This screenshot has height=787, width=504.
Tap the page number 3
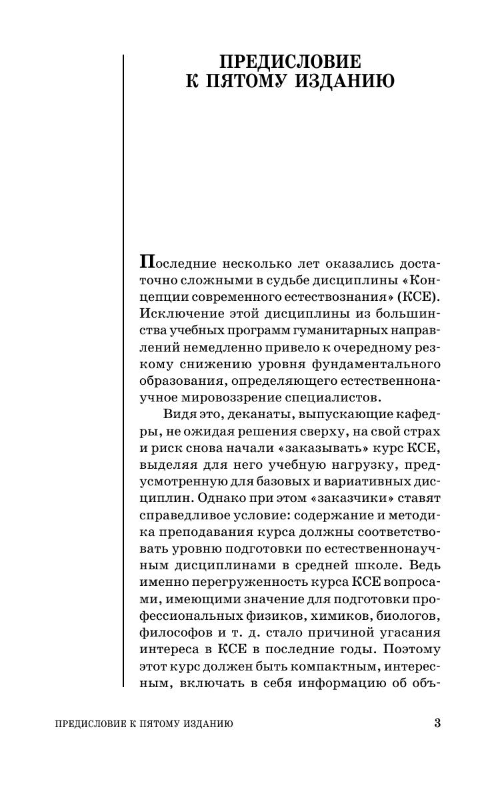coord(437,724)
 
